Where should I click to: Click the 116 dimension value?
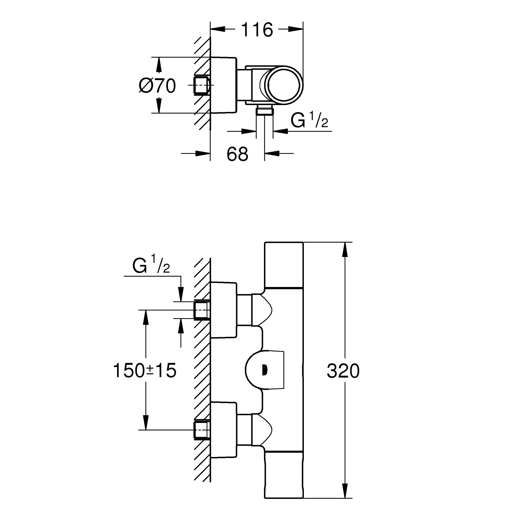coord(257,30)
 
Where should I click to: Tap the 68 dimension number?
coord(237,154)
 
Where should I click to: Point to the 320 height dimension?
coord(343,371)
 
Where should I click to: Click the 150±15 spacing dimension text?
coord(145,371)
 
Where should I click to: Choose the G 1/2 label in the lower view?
coord(151,266)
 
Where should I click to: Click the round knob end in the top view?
coord(285,84)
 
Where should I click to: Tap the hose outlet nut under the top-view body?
coord(265,111)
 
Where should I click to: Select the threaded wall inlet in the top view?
coord(202,85)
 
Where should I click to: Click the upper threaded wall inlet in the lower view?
coord(202,310)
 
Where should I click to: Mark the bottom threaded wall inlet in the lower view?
coord(202,430)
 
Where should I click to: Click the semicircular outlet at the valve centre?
coord(264,370)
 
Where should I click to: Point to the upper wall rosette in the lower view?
coord(224,310)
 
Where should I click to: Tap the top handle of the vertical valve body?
coord(284,264)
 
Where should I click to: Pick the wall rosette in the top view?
coord(224,85)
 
